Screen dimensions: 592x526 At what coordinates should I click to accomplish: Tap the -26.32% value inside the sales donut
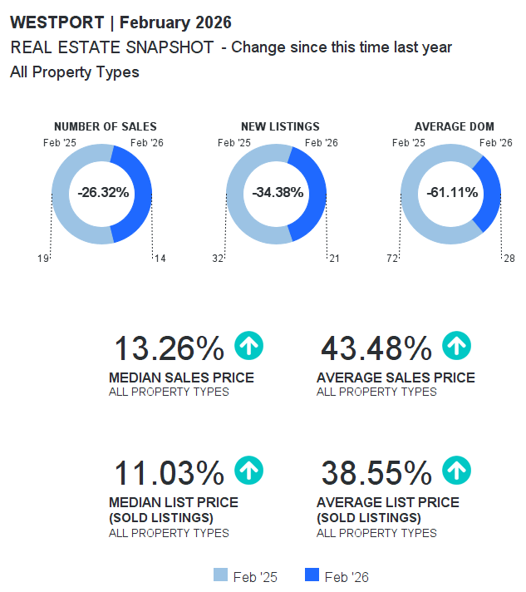point(103,193)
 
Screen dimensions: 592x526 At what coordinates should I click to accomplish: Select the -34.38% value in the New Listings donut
point(278,193)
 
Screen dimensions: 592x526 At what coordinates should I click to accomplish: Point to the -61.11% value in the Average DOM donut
point(452,193)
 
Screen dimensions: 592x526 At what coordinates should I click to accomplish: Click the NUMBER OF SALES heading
point(105,127)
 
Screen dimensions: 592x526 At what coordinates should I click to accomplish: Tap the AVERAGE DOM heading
point(454,127)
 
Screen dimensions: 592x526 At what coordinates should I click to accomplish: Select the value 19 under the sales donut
point(43,259)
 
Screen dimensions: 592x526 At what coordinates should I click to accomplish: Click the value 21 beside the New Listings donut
point(335,259)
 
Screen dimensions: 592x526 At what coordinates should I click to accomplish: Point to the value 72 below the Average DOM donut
point(392,259)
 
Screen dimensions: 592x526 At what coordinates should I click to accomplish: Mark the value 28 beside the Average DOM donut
point(509,259)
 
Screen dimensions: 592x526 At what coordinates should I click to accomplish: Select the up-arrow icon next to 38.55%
point(456,471)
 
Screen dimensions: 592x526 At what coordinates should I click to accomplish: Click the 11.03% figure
point(169,473)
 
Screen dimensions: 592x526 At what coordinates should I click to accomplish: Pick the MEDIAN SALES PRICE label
point(181,378)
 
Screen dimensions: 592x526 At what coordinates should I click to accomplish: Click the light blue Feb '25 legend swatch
point(220,575)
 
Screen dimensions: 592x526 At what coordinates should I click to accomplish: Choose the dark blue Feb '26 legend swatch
point(312,575)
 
